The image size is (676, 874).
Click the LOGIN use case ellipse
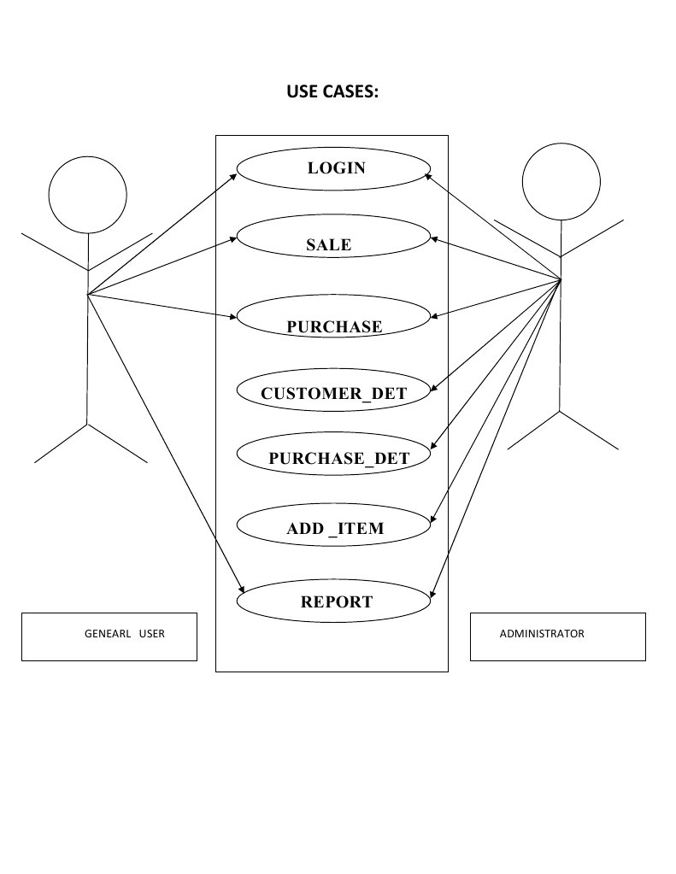point(332,168)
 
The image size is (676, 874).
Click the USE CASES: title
point(332,92)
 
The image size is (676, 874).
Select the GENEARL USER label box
point(109,636)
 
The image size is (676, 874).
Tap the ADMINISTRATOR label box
point(557,636)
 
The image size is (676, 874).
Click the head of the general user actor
point(87,195)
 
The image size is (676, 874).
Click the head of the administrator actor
point(561,181)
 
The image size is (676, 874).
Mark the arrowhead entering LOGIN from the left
point(233,177)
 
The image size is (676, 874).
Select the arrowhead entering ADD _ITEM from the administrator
point(432,521)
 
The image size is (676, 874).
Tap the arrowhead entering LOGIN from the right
point(429,176)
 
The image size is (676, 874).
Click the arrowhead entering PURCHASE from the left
point(232,318)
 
